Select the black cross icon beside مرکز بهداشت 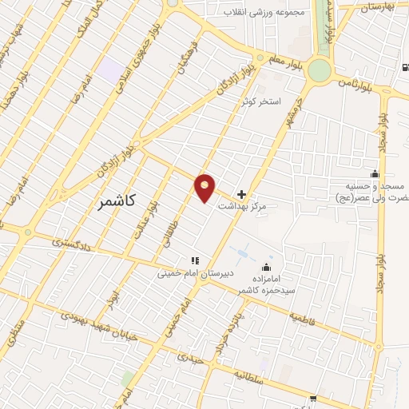click(242, 194)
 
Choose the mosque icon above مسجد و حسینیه click(374, 174)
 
